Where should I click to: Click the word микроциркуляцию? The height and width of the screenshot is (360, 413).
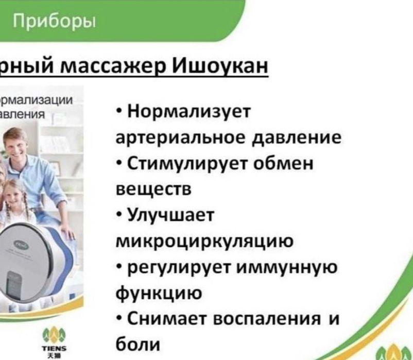point(204,241)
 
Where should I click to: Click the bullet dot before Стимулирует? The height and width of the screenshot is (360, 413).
point(119,163)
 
